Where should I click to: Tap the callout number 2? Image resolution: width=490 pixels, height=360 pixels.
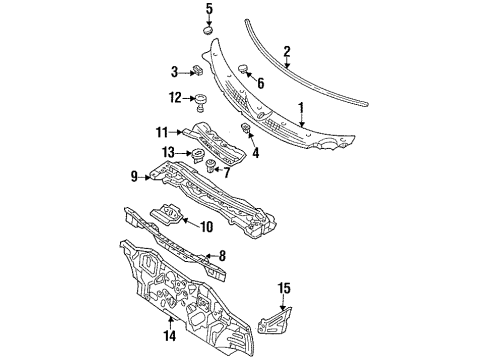pyautogui.click(x=287, y=51)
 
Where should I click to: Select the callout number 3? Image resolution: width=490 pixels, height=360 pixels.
pyautogui.click(x=174, y=71)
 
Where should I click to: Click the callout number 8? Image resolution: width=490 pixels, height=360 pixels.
pyautogui.click(x=222, y=256)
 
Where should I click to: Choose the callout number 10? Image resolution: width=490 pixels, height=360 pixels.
pyautogui.click(x=206, y=228)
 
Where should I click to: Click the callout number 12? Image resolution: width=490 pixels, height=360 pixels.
pyautogui.click(x=175, y=98)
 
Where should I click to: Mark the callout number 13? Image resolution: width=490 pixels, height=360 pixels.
pyautogui.click(x=168, y=151)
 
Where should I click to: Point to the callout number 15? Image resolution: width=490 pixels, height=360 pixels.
pyautogui.click(x=283, y=289)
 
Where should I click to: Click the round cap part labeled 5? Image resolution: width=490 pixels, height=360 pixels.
pyautogui.click(x=209, y=30)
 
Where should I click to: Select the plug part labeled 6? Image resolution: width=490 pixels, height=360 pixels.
pyautogui.click(x=242, y=68)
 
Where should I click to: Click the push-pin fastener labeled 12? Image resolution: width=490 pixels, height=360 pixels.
pyautogui.click(x=201, y=100)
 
